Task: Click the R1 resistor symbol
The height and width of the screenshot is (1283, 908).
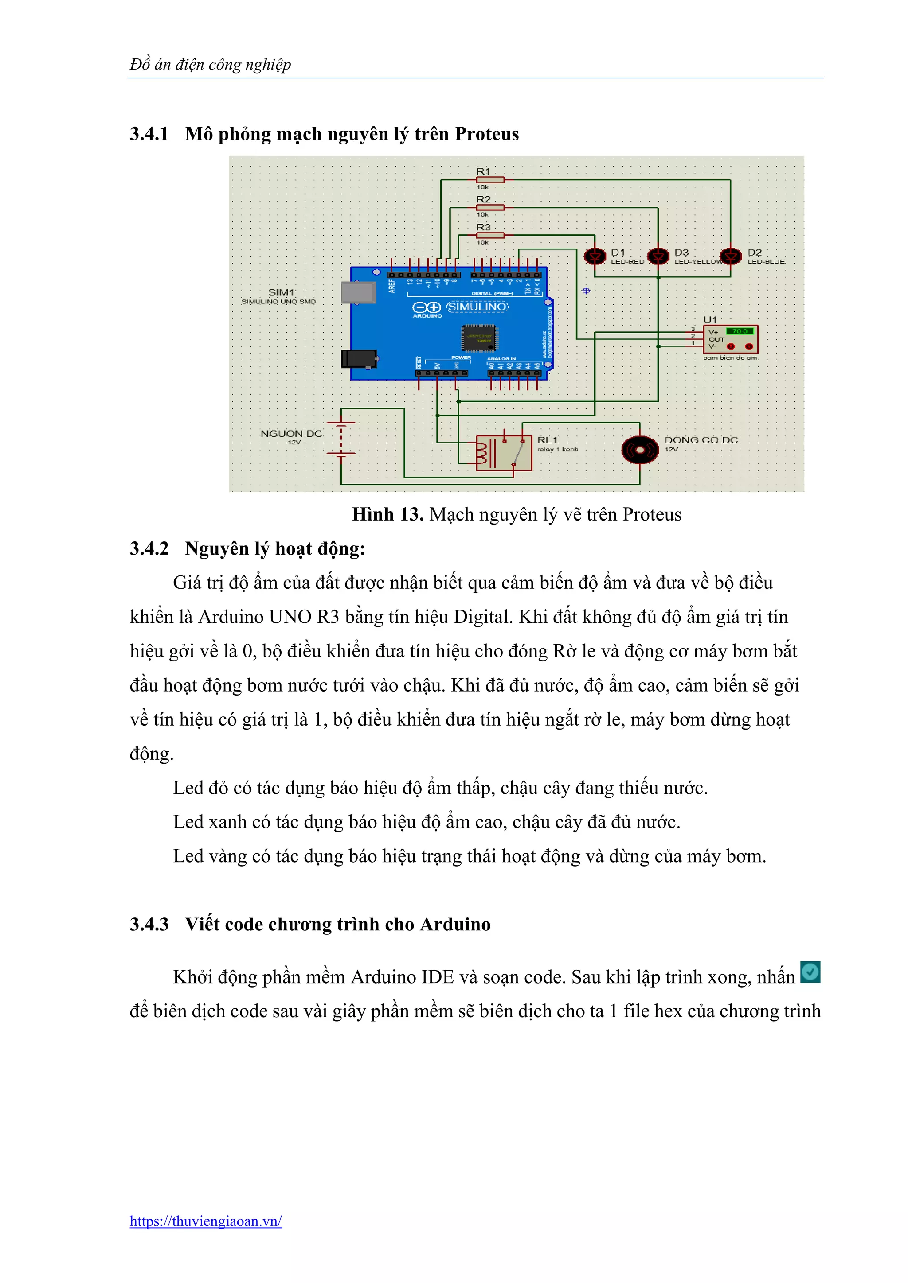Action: (x=490, y=180)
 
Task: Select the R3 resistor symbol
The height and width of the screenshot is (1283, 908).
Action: (x=490, y=236)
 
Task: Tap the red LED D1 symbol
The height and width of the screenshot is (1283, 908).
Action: (x=595, y=257)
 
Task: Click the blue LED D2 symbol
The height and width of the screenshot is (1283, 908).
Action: (x=730, y=257)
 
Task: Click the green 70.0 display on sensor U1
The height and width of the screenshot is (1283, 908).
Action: (x=740, y=331)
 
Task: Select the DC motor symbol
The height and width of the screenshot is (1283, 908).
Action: (x=640, y=450)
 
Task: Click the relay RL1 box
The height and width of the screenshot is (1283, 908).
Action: (x=504, y=453)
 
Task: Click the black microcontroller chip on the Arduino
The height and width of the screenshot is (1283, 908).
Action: (x=479, y=338)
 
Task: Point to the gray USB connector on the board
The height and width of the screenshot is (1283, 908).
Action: (x=358, y=292)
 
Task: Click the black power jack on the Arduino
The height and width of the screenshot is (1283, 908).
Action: (x=358, y=358)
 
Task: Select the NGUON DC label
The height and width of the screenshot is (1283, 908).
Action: (x=291, y=434)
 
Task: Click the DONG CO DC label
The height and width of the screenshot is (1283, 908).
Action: (x=701, y=440)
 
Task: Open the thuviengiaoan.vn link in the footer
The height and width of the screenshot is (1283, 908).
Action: (x=206, y=1221)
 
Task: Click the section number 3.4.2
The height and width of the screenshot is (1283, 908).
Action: (x=149, y=549)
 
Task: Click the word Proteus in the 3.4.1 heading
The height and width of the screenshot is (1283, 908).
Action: (x=486, y=134)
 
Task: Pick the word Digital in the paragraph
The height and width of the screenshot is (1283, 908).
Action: (x=483, y=617)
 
